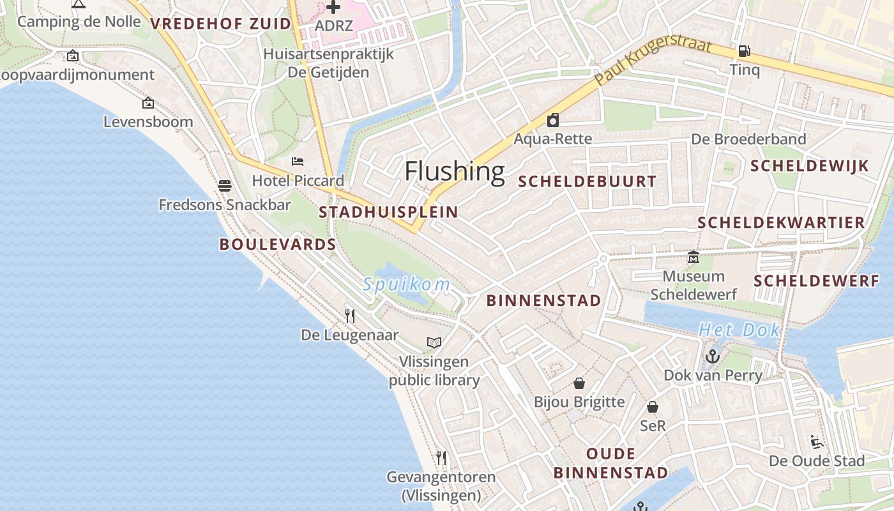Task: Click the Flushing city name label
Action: click(x=455, y=171)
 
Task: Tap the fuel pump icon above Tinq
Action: click(x=744, y=50)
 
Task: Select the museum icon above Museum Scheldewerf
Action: click(x=693, y=257)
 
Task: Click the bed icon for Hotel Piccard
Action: click(x=298, y=162)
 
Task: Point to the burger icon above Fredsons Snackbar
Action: click(x=224, y=186)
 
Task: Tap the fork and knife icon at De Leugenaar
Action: click(x=350, y=316)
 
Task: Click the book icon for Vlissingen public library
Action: click(x=434, y=342)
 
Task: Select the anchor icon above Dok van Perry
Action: click(x=713, y=356)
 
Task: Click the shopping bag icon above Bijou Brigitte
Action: click(x=579, y=383)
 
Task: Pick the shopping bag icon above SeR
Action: click(x=653, y=407)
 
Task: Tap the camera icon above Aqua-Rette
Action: click(x=553, y=119)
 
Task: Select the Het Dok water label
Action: click(x=739, y=330)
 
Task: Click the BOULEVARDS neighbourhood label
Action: click(x=278, y=244)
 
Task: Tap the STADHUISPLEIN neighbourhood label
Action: click(x=388, y=212)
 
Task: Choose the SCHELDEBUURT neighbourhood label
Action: click(x=587, y=181)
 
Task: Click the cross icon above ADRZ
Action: click(x=333, y=7)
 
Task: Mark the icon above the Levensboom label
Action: click(x=148, y=102)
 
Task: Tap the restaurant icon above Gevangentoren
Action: click(x=441, y=458)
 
